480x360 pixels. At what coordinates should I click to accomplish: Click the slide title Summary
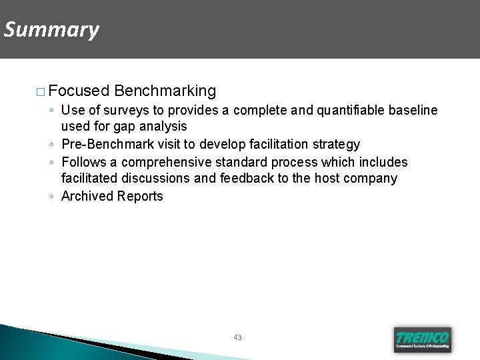pos(51,30)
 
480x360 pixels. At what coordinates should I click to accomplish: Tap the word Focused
pos(79,90)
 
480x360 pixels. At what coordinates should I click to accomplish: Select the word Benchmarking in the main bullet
pos(165,90)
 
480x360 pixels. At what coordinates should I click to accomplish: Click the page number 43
pos(238,337)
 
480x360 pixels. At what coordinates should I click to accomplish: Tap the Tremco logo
pos(422,339)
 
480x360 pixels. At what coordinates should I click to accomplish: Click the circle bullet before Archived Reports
pos(51,197)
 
